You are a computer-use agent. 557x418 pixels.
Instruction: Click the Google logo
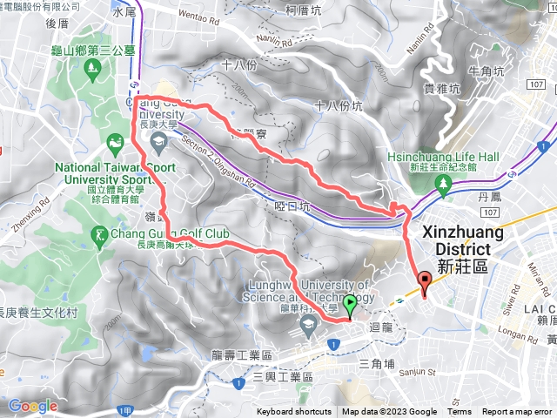(x=32, y=406)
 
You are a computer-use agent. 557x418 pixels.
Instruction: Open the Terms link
(x=460, y=412)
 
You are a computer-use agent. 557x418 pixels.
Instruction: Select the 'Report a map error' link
(x=519, y=412)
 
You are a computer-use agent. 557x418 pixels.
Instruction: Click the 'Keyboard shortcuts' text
(x=293, y=412)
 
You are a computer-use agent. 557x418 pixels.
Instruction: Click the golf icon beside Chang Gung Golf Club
(x=101, y=234)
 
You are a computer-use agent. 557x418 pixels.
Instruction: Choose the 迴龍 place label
(x=382, y=327)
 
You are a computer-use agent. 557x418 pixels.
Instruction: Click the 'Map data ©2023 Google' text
(x=389, y=412)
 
